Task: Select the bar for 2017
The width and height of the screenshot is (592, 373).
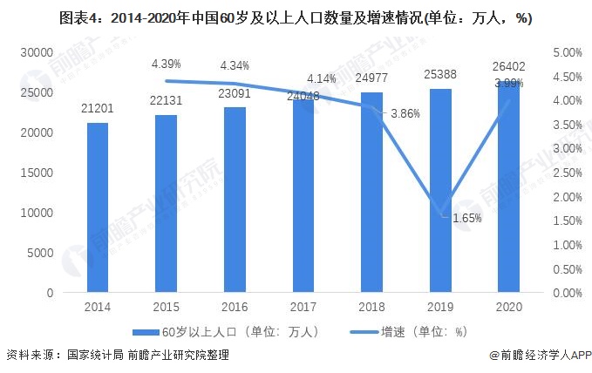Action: pyautogui.click(x=303, y=200)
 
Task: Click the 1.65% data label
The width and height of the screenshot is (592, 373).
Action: pyautogui.click(x=466, y=218)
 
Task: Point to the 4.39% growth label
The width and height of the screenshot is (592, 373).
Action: pyautogui.click(x=166, y=64)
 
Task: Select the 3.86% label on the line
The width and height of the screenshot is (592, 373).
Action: pyautogui.click(x=405, y=113)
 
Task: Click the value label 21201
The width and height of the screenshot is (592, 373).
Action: pyautogui.click(x=98, y=109)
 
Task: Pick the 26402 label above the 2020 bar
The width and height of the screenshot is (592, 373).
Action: pyautogui.click(x=509, y=67)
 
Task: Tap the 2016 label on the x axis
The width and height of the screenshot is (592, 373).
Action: pyautogui.click(x=235, y=307)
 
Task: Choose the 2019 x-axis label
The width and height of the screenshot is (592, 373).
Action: pyautogui.click(x=440, y=307)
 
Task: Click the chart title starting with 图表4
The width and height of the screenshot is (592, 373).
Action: pyautogui.click(x=296, y=18)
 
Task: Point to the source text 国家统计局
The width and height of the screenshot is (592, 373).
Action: pyautogui.click(x=93, y=356)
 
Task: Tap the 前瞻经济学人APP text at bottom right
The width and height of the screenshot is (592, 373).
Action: pyautogui.click(x=544, y=356)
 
